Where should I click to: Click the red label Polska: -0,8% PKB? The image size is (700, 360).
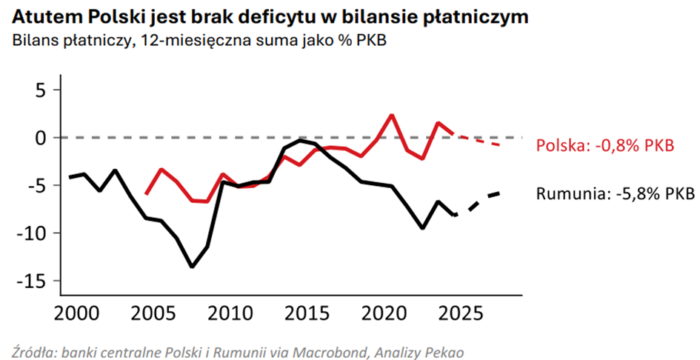[x=604, y=145]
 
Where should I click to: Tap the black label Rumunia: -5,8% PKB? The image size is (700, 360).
[x=615, y=194]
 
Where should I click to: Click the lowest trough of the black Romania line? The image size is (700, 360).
[x=193, y=267]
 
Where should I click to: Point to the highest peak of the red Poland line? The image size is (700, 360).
[x=392, y=115]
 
